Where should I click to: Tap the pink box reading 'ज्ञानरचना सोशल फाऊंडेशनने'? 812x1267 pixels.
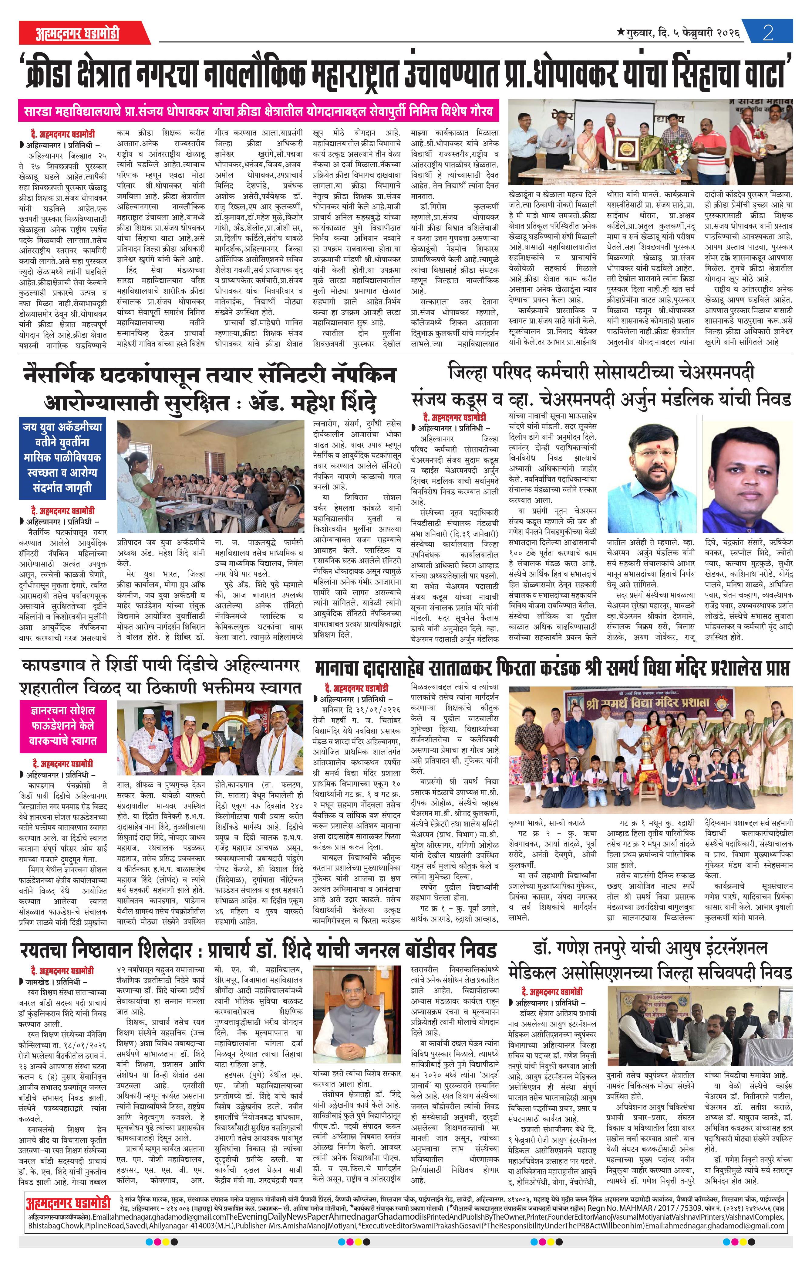[63, 724]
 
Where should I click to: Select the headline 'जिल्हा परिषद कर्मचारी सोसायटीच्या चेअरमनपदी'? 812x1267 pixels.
[601, 373]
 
